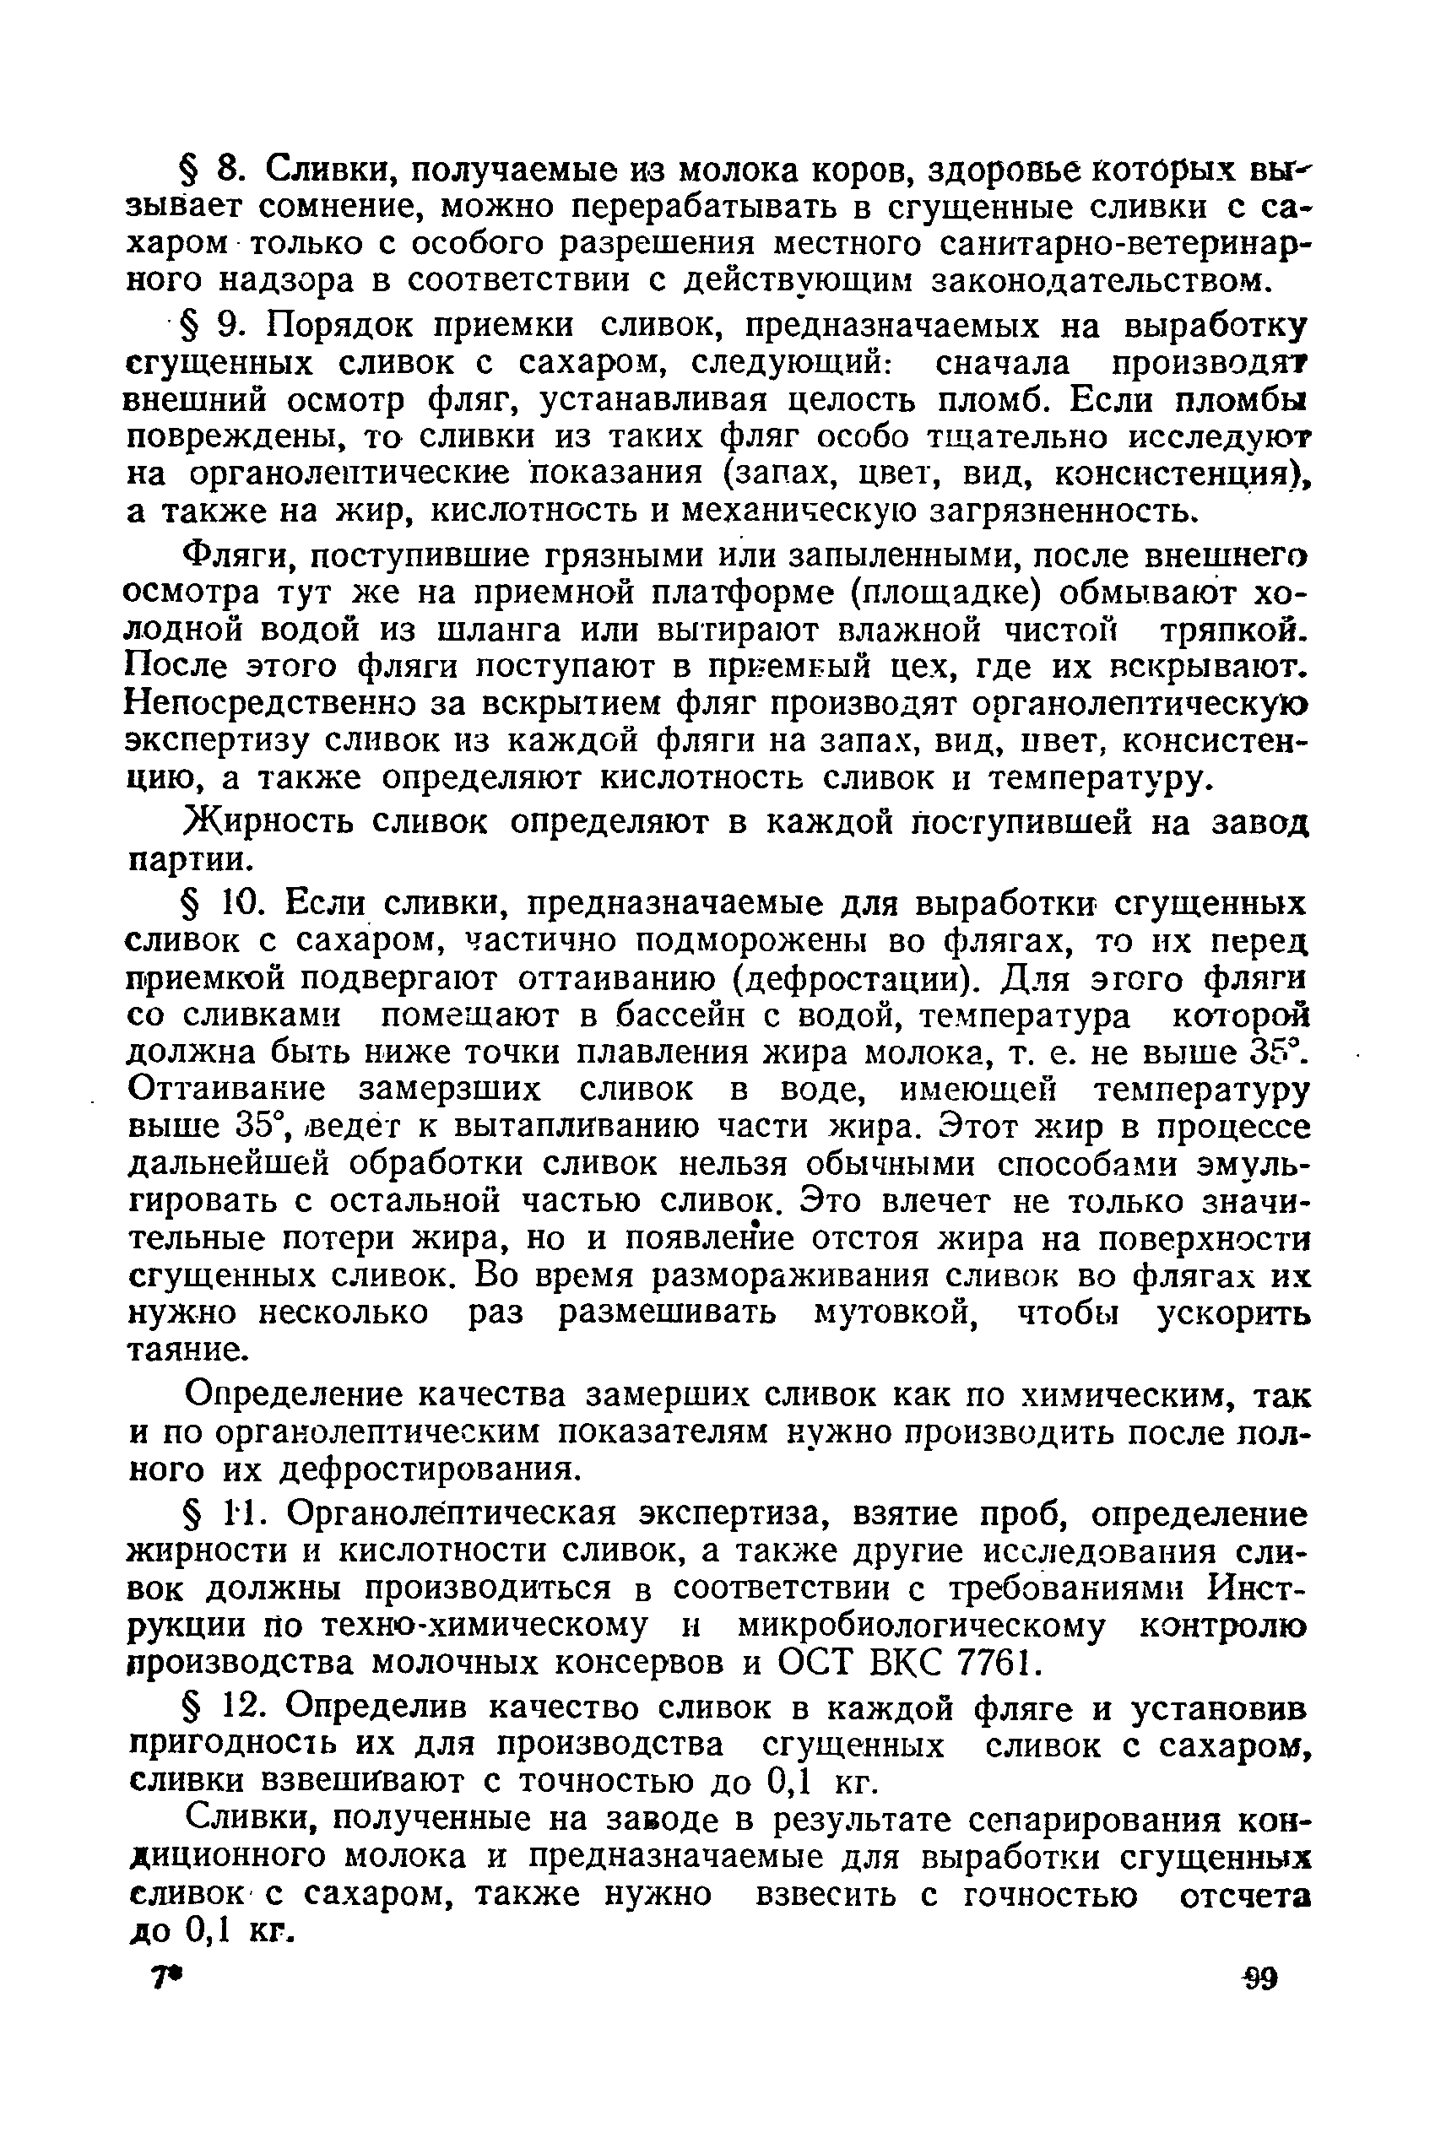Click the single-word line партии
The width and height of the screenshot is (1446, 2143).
pos(187,858)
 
